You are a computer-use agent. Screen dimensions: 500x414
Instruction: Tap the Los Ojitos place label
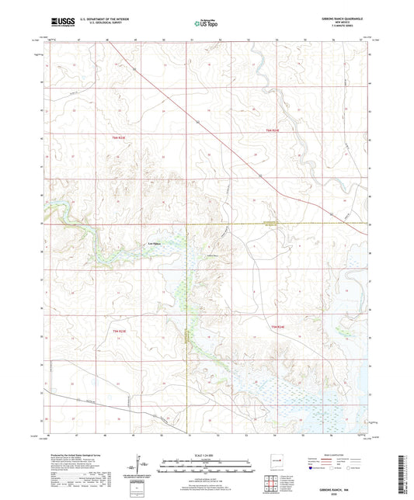[x=155, y=248]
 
